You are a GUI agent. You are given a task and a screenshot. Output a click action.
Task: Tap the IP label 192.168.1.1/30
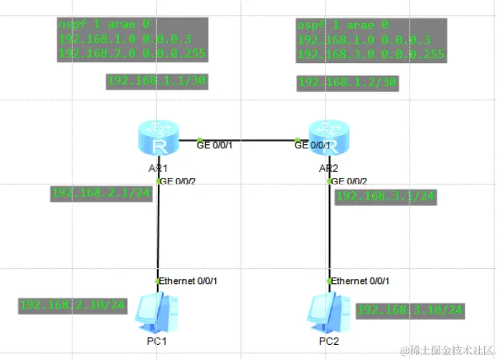(x=157, y=81)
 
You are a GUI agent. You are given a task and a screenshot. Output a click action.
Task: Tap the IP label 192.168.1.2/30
(x=348, y=82)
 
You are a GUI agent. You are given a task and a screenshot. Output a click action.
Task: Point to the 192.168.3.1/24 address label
(x=385, y=196)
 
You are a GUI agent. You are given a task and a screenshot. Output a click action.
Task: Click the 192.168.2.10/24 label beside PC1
(x=73, y=305)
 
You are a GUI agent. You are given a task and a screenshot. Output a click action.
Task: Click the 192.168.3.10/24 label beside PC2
(x=410, y=310)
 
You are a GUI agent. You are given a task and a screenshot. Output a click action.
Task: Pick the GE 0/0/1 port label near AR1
(x=215, y=146)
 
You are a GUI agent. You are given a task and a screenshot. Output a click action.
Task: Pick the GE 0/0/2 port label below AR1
(x=177, y=181)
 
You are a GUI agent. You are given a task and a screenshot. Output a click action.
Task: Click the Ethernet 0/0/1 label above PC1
(x=189, y=280)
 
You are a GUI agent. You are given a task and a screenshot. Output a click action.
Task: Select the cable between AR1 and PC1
(x=158, y=229)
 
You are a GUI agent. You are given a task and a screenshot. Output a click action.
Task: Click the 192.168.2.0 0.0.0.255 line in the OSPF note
(x=133, y=53)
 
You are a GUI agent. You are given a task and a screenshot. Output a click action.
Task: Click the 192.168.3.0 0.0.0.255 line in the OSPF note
(x=371, y=55)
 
